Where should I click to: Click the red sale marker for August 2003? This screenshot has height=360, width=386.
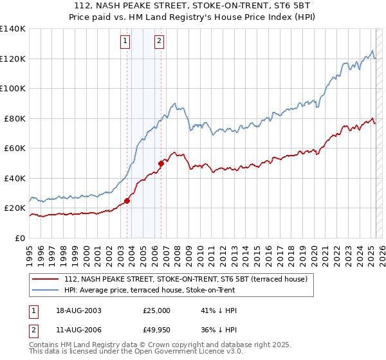tap(127, 201)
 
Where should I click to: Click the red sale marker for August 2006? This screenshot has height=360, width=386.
tap(161, 163)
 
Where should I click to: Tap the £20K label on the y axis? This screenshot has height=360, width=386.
tap(14, 208)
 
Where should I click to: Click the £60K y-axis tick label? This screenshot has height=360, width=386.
tap(14, 148)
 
